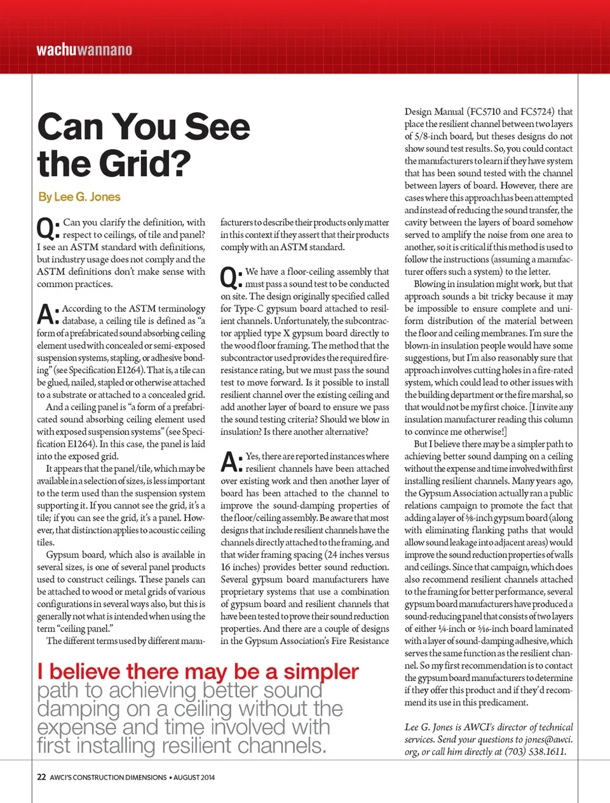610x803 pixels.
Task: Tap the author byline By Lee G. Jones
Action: tap(79, 197)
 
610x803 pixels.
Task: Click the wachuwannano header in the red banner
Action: tap(85, 50)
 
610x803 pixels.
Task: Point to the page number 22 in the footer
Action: tap(41, 777)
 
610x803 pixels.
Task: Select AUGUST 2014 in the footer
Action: tap(194, 777)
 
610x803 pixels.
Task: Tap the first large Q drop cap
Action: tap(48, 229)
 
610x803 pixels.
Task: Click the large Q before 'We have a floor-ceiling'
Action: tap(231, 278)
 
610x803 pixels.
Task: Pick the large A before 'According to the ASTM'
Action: tap(48, 315)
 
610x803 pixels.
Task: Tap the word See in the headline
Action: tap(217, 126)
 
